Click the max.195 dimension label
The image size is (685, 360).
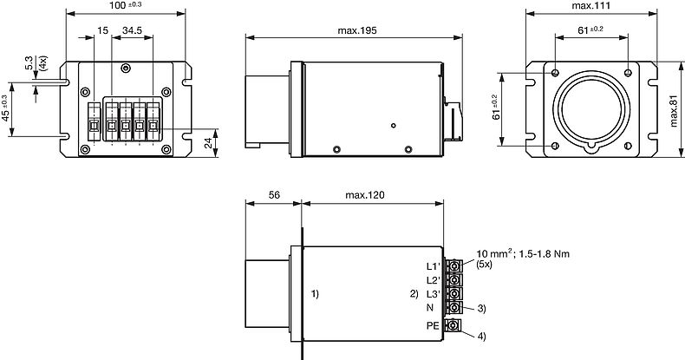(x=357, y=30)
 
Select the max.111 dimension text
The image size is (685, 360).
(x=591, y=6)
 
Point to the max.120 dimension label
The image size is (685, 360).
(x=365, y=195)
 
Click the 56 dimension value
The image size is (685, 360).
(x=274, y=195)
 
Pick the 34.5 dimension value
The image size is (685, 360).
(x=132, y=30)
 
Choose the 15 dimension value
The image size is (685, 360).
(x=102, y=30)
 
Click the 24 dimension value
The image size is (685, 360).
(x=208, y=143)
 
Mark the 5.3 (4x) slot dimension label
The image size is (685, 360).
(x=35, y=63)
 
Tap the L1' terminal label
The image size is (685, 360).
(x=434, y=266)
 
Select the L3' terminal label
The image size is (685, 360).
(x=434, y=294)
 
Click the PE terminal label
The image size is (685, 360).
(x=433, y=326)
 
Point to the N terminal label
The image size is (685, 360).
(x=430, y=308)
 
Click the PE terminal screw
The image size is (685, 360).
(x=453, y=325)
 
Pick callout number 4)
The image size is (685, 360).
(x=481, y=337)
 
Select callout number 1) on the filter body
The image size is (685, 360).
(x=315, y=294)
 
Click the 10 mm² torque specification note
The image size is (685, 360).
(x=523, y=253)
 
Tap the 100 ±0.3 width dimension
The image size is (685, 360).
(x=126, y=6)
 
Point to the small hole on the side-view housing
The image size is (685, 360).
(x=393, y=126)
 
